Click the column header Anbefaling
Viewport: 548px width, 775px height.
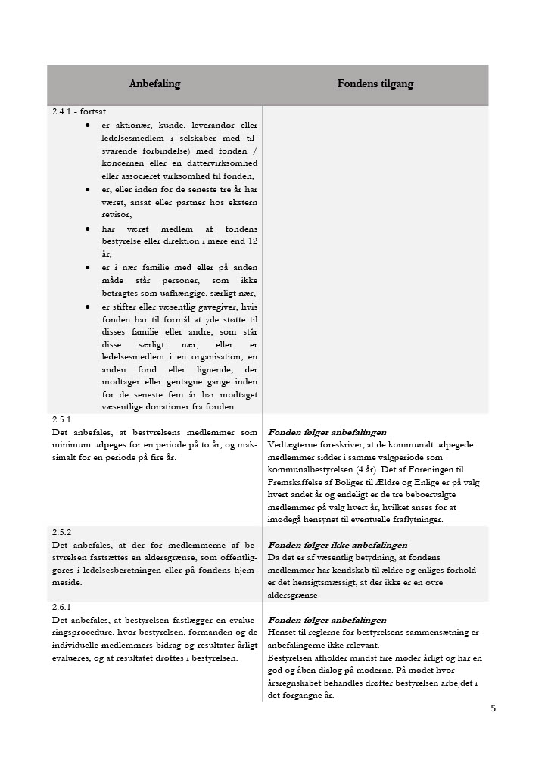click(154, 84)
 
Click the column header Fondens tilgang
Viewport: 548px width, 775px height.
click(375, 84)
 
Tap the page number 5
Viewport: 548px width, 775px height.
click(493, 709)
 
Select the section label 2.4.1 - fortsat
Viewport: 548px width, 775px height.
click(79, 111)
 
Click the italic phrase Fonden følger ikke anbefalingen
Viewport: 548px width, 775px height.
click(338, 545)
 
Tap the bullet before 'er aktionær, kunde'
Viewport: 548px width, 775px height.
click(88, 125)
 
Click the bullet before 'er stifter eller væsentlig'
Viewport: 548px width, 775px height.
click(88, 307)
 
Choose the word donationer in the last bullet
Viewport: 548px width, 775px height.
click(176, 406)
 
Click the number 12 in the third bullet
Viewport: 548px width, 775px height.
click(252, 241)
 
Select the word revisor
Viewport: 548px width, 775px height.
click(115, 214)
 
